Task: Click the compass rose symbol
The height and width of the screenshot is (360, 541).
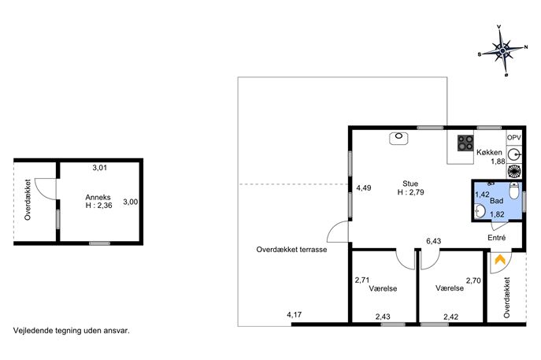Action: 502,51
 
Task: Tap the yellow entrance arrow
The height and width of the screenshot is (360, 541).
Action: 500,259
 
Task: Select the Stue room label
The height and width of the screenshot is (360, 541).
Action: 410,184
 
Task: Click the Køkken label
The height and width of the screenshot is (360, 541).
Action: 489,152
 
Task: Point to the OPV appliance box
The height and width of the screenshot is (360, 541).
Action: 513,138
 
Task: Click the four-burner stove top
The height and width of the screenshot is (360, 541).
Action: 465,143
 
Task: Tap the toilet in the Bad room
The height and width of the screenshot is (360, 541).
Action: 514,191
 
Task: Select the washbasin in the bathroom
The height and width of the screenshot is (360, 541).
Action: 480,211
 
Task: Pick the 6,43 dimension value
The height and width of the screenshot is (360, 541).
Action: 434,241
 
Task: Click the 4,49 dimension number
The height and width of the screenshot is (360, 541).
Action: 364,187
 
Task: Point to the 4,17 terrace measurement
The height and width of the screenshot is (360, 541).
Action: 295,315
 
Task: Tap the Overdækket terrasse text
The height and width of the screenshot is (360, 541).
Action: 291,250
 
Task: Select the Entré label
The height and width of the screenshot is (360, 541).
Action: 497,237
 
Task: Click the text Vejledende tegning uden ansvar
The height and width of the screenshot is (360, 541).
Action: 72,331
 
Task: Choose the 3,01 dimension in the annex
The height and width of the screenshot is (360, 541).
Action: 100,168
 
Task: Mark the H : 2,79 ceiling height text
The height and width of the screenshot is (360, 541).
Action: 410,192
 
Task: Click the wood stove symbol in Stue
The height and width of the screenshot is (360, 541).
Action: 398,138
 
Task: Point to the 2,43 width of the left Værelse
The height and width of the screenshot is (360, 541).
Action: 383,316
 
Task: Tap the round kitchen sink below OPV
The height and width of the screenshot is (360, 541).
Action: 514,154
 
